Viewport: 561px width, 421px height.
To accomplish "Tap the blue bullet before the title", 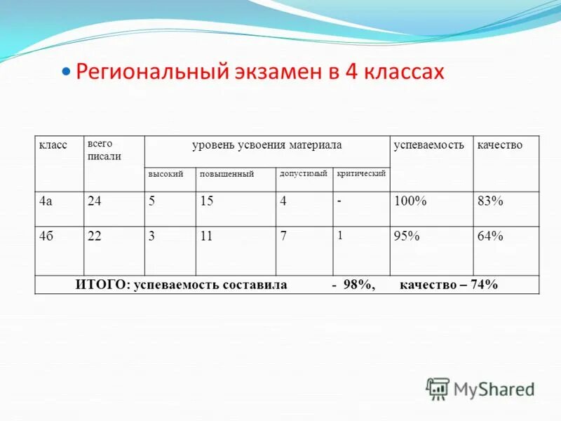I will [67, 72].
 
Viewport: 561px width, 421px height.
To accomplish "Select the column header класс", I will [53, 145].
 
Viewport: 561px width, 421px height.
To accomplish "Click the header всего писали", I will [104, 149].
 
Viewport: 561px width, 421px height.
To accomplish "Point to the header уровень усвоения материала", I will [266, 145].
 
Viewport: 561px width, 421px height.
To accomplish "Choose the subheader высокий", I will [165, 173].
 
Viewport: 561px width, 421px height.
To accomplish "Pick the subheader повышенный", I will [227, 173].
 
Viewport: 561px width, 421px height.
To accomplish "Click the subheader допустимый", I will [304, 173].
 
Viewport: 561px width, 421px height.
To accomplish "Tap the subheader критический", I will [361, 173].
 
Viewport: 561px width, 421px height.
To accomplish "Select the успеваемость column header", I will [428, 145].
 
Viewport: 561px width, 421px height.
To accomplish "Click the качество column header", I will [499, 145].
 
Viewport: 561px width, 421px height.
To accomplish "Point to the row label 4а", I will [46, 201].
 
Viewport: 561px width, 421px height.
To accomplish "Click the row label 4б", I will [47, 236].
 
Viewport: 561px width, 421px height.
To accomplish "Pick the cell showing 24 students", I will [95, 201].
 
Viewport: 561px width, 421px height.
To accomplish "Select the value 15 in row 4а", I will [206, 201].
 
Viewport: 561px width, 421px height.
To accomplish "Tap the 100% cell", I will [410, 201].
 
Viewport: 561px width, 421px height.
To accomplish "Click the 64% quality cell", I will [490, 236].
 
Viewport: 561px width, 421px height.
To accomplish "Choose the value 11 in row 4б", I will [205, 236].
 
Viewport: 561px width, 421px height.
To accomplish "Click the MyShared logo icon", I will [438, 389].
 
